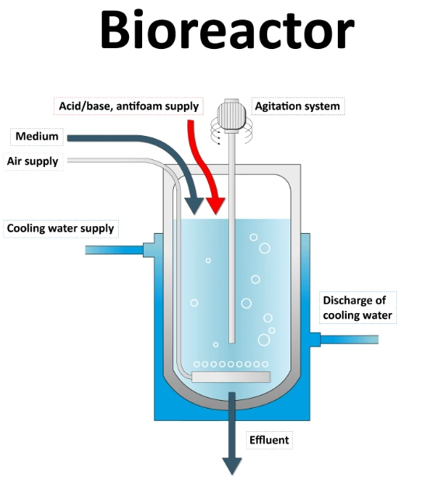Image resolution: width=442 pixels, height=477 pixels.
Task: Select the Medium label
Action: (x=37, y=137)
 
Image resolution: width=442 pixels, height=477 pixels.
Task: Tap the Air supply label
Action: (x=33, y=162)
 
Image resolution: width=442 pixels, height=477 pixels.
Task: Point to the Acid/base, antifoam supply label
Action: (x=129, y=106)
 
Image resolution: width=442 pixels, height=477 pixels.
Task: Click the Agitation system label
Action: (x=297, y=106)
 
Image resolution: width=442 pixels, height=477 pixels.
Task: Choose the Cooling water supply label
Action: (x=61, y=228)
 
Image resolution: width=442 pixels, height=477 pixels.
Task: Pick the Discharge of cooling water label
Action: (x=357, y=308)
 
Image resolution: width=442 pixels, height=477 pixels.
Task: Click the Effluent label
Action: (x=269, y=440)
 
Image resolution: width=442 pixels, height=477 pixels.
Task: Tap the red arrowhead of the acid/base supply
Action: (x=215, y=206)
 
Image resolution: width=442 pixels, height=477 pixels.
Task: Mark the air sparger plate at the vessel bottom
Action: (x=231, y=377)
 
